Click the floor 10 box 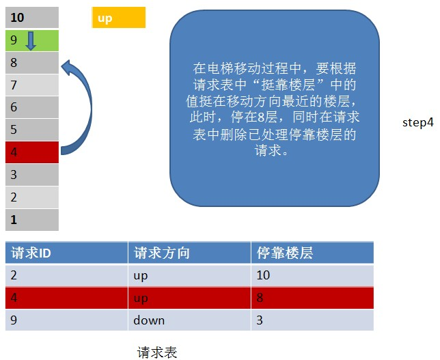tap(32, 17)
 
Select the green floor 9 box tap(32, 41)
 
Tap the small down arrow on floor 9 tap(31, 41)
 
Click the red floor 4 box tap(32, 152)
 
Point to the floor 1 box tap(32, 220)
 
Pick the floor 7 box tap(32, 85)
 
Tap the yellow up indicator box tap(119, 18)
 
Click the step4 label tap(418, 123)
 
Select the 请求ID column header tap(66, 253)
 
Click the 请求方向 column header tap(189, 253)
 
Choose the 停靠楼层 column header tap(312, 253)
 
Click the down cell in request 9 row tap(189, 320)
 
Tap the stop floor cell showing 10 tap(312, 275)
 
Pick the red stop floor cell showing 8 tap(312, 298)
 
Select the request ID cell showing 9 tap(66, 320)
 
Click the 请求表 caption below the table tap(157, 352)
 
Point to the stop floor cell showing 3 tap(312, 320)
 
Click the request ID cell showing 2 tap(66, 275)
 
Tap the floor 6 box tap(32, 107)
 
